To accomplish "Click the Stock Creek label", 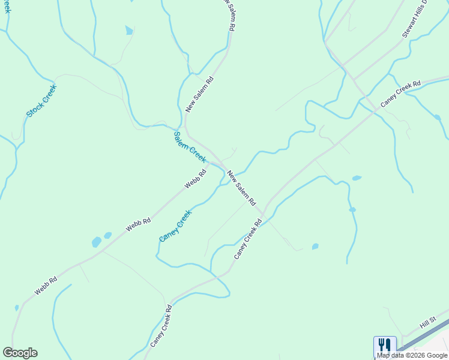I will [41, 100].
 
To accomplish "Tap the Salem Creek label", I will [190, 147].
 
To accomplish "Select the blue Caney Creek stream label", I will [175, 226].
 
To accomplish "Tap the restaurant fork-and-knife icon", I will [385, 345].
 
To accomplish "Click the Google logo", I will [20, 353].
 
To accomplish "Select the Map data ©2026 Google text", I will [412, 355].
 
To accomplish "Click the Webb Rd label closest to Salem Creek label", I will [196, 179].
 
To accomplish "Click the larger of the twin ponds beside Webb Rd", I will [97, 242].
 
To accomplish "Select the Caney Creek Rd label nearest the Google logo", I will [161, 326].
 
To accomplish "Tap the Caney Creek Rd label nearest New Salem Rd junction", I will [248, 239].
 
